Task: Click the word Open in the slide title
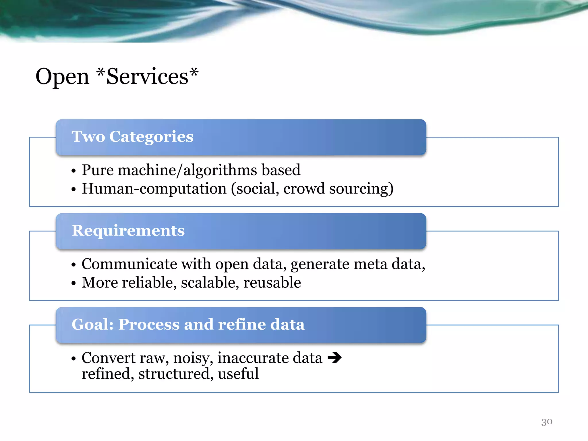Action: coord(62,77)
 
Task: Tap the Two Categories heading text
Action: coord(132,136)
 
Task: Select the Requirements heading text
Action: coord(128,231)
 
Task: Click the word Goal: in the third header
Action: coord(92,324)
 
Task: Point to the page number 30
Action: coord(547,421)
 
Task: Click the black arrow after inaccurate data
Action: coord(334,357)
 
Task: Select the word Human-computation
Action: coord(154,189)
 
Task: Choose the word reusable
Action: coord(272,283)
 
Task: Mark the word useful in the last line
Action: coord(238,374)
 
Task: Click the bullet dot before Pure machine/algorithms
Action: coord(74,171)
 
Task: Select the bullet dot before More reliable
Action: coord(74,284)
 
